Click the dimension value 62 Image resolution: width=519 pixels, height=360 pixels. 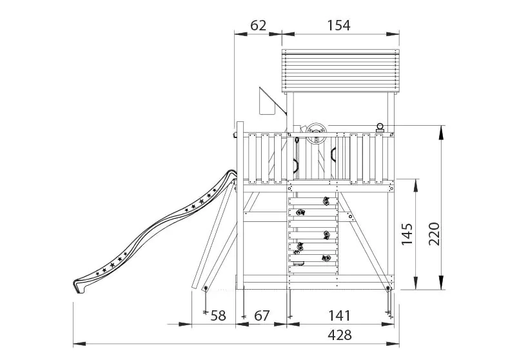click(x=257, y=25)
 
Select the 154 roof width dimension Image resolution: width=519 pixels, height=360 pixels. click(x=338, y=25)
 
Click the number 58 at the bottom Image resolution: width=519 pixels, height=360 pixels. click(x=219, y=315)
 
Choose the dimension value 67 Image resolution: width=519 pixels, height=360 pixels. click(x=261, y=315)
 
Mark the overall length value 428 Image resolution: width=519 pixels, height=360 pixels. click(x=340, y=335)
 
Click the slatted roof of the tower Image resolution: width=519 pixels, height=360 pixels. click(x=340, y=71)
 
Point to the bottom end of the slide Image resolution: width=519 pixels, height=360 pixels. click(x=79, y=285)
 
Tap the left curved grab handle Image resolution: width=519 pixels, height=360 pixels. click(x=295, y=165)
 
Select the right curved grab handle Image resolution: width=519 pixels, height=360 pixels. click(x=333, y=155)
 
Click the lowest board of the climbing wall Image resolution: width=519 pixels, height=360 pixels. click(x=313, y=269)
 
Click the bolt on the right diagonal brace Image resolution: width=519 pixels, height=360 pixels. click(x=351, y=218)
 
